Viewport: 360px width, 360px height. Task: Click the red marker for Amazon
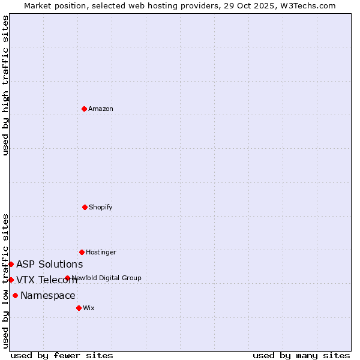point(85,109)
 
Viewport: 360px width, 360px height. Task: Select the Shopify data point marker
point(85,207)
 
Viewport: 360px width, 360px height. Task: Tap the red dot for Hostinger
point(82,252)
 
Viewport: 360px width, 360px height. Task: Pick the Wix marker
point(79,308)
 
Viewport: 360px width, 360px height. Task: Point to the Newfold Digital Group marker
point(67,278)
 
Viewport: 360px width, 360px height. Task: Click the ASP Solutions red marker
point(11,264)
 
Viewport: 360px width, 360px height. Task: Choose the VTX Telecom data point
point(11,280)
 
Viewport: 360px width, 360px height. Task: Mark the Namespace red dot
point(15,295)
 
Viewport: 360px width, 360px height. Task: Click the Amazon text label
point(101,109)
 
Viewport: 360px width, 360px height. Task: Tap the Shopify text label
point(101,207)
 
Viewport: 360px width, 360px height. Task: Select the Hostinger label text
point(101,252)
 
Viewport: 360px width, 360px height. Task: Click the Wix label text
point(89,308)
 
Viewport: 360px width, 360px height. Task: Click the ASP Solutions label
point(49,264)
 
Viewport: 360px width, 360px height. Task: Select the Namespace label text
point(48,295)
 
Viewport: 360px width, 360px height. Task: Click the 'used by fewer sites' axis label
point(62,355)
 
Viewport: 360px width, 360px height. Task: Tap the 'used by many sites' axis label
point(301,355)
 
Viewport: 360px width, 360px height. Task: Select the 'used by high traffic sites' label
point(5,85)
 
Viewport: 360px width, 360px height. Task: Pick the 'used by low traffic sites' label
point(5,281)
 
